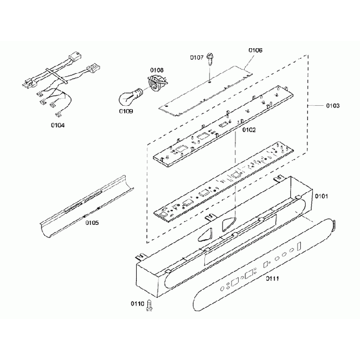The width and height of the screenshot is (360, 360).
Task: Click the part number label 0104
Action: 57,126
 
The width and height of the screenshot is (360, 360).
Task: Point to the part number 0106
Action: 255,50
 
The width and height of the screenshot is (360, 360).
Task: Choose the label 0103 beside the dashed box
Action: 332,105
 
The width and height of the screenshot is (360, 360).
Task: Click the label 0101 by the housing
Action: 322,196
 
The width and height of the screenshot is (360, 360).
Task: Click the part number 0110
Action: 137,304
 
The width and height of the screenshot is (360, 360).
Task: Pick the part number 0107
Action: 197,57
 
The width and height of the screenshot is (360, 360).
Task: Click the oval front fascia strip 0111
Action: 260,266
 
